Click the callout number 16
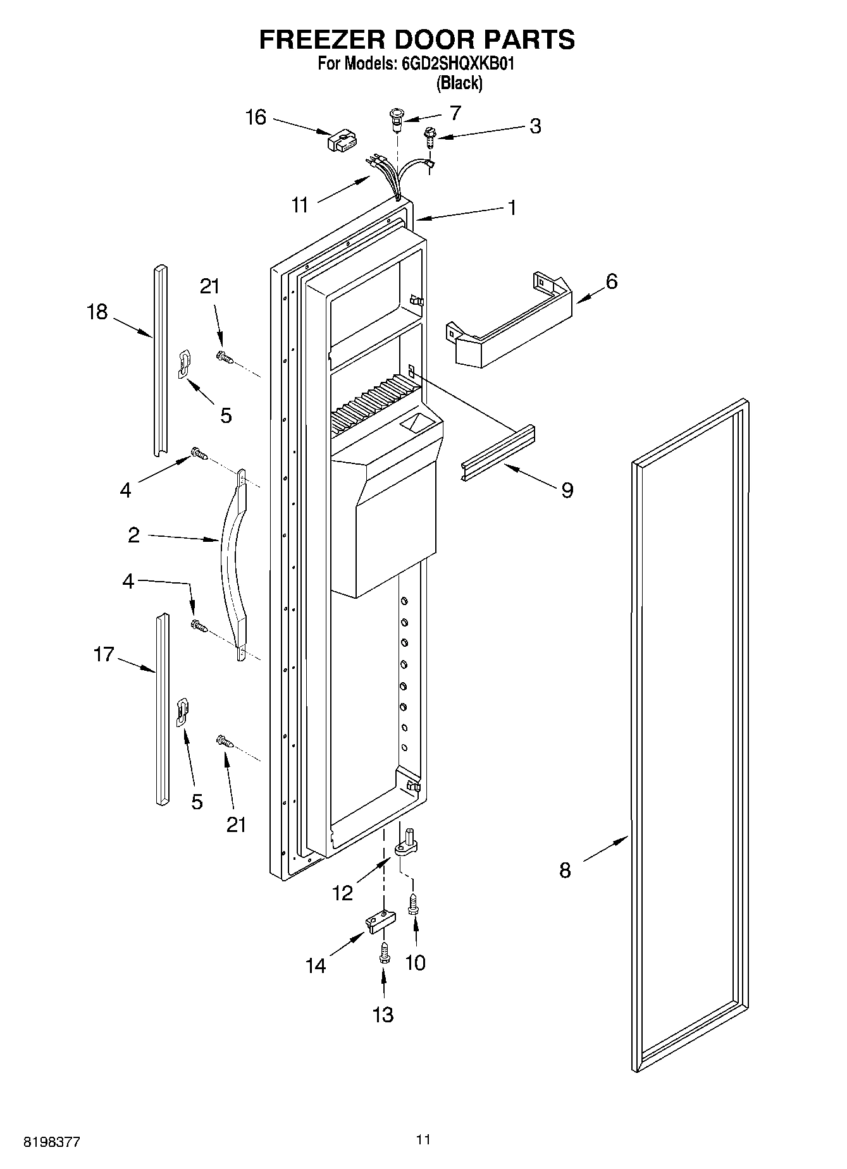[256, 118]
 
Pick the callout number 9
[567, 489]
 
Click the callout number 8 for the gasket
[565, 871]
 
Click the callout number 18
[97, 312]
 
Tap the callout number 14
[316, 965]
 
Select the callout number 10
[415, 963]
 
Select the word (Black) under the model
[459, 83]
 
